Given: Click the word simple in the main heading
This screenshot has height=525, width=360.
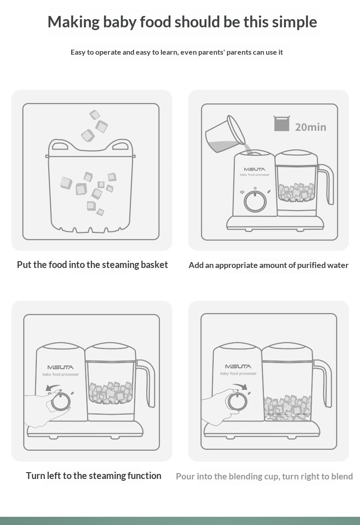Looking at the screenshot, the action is point(294,22).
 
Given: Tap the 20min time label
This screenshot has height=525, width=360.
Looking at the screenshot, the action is point(310,127).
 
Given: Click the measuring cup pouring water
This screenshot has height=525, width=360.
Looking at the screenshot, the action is point(225,134).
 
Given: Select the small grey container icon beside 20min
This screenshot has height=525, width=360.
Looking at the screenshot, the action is point(282,123).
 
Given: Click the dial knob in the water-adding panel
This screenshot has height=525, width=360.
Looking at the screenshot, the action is point(255,201).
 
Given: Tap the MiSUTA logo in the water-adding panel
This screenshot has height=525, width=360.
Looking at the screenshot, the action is point(255,169).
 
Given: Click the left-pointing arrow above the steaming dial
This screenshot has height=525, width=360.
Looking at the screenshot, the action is point(53,388).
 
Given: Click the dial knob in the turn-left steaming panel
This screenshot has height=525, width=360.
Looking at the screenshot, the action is point(61,402).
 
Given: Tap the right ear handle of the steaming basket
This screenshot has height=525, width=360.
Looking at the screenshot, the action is point(120,146).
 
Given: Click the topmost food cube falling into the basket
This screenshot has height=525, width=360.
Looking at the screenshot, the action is point(94,115).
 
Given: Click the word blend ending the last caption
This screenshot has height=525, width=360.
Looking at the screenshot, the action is point(342,476).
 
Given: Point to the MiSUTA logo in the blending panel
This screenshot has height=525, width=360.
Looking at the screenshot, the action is point(238,366).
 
